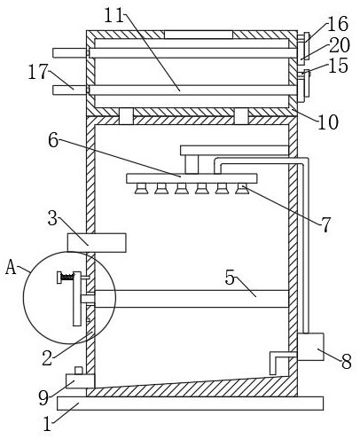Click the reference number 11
pyautogui.click(x=113, y=16)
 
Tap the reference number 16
pyautogui.click(x=338, y=24)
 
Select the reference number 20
pyautogui.click(x=340, y=45)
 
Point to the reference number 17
pyautogui.click(x=38, y=72)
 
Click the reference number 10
pyautogui.click(x=328, y=122)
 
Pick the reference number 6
pyautogui.click(x=53, y=140)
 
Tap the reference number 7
pyautogui.click(x=325, y=224)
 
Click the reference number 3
pyautogui.click(x=52, y=218)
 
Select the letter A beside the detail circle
pyautogui.click(x=11, y=268)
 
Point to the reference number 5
pyautogui.click(x=230, y=278)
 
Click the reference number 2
pyautogui.click(x=47, y=358)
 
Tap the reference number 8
pyautogui.click(x=347, y=361)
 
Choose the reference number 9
pyautogui.click(x=43, y=397)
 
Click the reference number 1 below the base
pyautogui.click(x=47, y=424)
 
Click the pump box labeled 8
pyautogui.click(x=310, y=347)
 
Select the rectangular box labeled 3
pyautogui.click(x=97, y=242)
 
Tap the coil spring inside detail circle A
pyautogui.click(x=67, y=277)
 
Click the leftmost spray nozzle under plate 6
pyautogui.click(x=141, y=189)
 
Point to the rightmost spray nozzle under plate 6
pyautogui.click(x=242, y=189)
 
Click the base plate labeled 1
pyautogui.click(x=190, y=404)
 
